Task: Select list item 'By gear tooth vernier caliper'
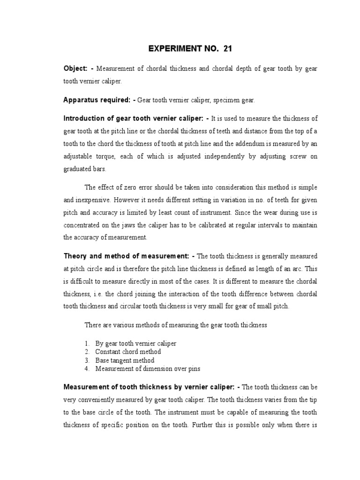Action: point(135,343)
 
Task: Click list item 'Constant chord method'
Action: point(127,352)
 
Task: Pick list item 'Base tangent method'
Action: point(124,360)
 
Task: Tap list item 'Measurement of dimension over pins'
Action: point(147,368)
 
